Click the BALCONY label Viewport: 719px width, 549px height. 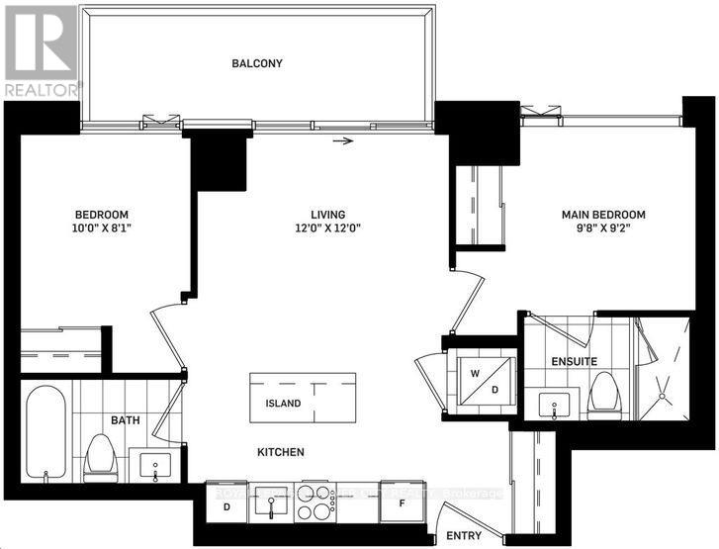257,63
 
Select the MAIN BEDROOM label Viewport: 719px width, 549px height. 603,215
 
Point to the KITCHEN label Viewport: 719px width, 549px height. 281,452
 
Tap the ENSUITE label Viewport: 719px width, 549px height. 574,362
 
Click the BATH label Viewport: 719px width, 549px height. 125,420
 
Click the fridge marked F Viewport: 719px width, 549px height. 403,503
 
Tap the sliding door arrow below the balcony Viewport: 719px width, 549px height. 342,141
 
